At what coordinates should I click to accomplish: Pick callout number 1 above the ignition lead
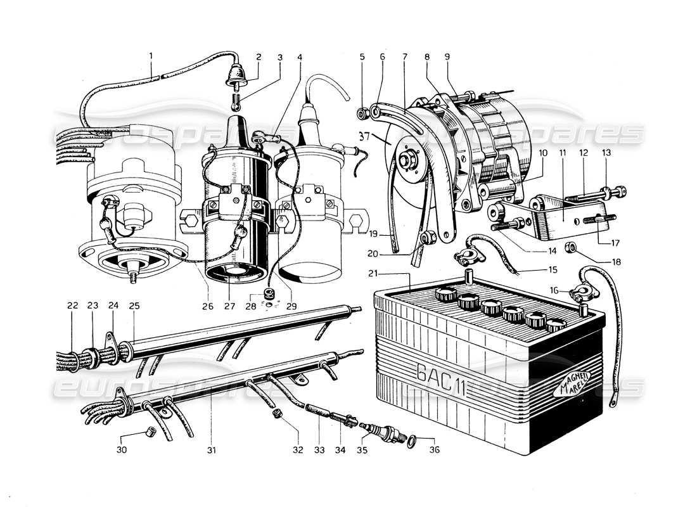pos(151,56)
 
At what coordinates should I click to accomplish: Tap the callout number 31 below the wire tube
pos(212,451)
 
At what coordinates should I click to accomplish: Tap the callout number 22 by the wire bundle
pos(73,305)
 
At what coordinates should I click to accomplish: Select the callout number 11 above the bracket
pos(561,152)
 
